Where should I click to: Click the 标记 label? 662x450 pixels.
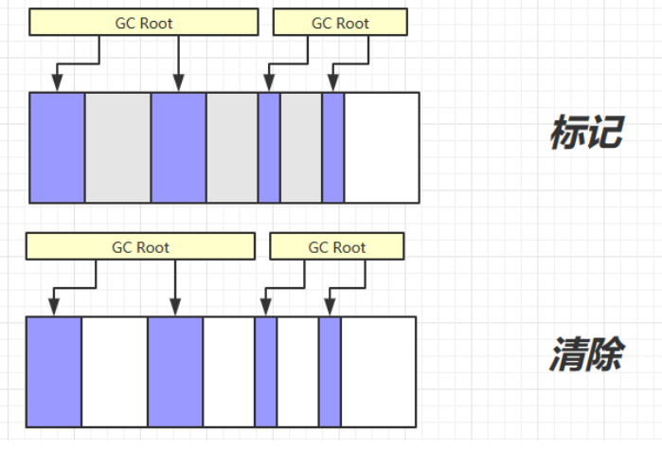coord(585,134)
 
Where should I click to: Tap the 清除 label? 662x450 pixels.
coord(585,357)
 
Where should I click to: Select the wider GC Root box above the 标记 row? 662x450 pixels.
coord(143,23)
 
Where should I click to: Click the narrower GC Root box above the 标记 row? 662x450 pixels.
coord(340,23)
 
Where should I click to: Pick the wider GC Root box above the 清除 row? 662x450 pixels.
coord(140,247)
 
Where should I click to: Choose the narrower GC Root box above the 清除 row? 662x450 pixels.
coord(337,247)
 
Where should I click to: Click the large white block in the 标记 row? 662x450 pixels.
coord(381,148)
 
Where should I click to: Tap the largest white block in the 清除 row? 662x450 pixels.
coord(378,371)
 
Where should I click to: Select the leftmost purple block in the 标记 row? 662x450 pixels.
coord(58,148)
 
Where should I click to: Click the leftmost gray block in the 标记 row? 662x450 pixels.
coord(118,148)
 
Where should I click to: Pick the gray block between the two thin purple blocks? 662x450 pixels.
coord(301,148)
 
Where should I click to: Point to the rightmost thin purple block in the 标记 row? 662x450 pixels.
coord(333,148)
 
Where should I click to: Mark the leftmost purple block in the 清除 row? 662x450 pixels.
coord(54,371)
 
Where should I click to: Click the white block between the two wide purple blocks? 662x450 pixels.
coord(115,371)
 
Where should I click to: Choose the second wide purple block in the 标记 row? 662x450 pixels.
coord(179,148)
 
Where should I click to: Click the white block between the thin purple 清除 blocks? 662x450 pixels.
coord(297,371)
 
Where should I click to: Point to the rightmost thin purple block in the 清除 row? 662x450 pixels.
coord(330,371)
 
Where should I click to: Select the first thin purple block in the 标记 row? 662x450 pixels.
coord(269,148)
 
